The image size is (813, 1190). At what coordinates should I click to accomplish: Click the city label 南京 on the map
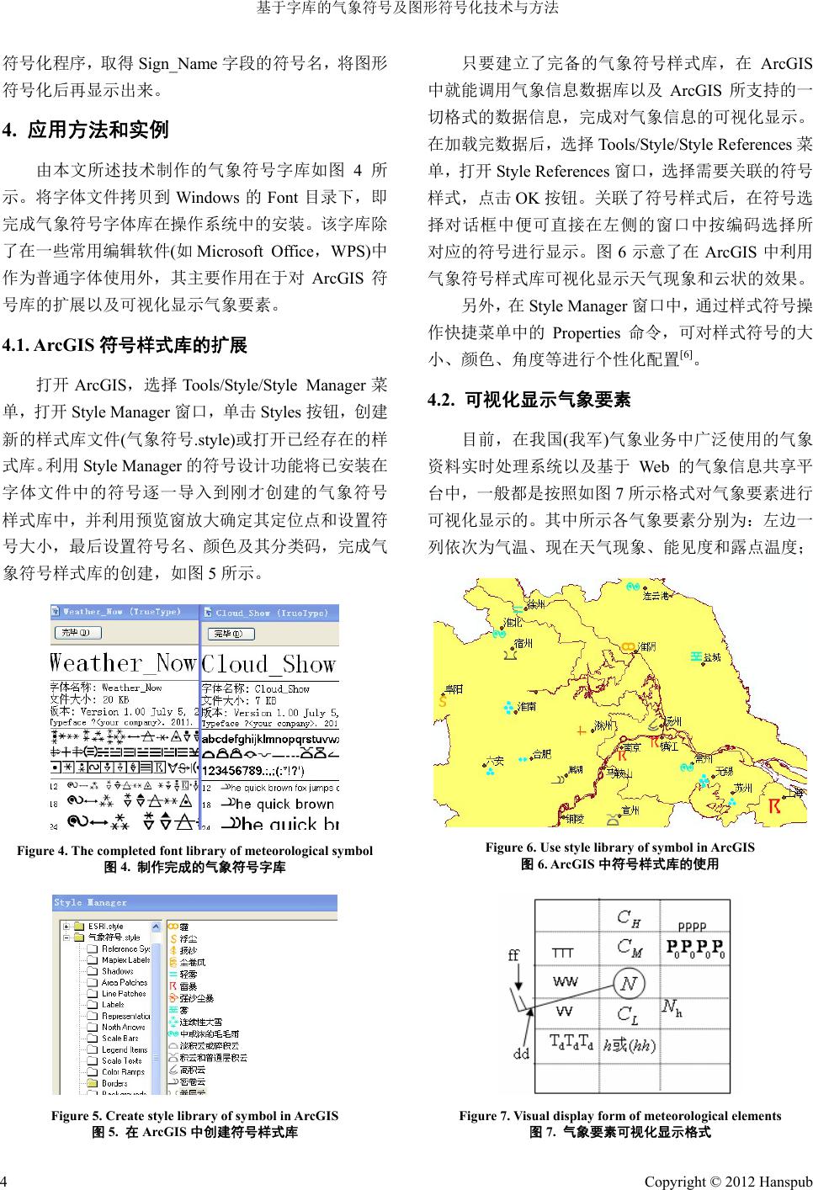pos(629,746)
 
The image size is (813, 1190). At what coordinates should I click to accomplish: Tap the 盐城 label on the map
pos(713,656)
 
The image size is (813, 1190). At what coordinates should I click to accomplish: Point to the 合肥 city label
pos(543,753)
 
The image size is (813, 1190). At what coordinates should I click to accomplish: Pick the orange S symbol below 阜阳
pos(441,700)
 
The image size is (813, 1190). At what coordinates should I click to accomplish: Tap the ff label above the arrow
pos(513,954)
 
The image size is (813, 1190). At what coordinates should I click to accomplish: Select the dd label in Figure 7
pos(521,1052)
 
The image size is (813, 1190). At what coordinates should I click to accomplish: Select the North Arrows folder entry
pos(123,1027)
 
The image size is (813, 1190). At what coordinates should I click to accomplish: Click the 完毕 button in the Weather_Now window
pos(77,632)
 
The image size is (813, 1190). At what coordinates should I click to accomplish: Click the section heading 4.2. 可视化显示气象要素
pos(529,400)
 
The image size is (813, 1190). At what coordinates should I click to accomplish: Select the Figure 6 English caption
pos(619,847)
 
